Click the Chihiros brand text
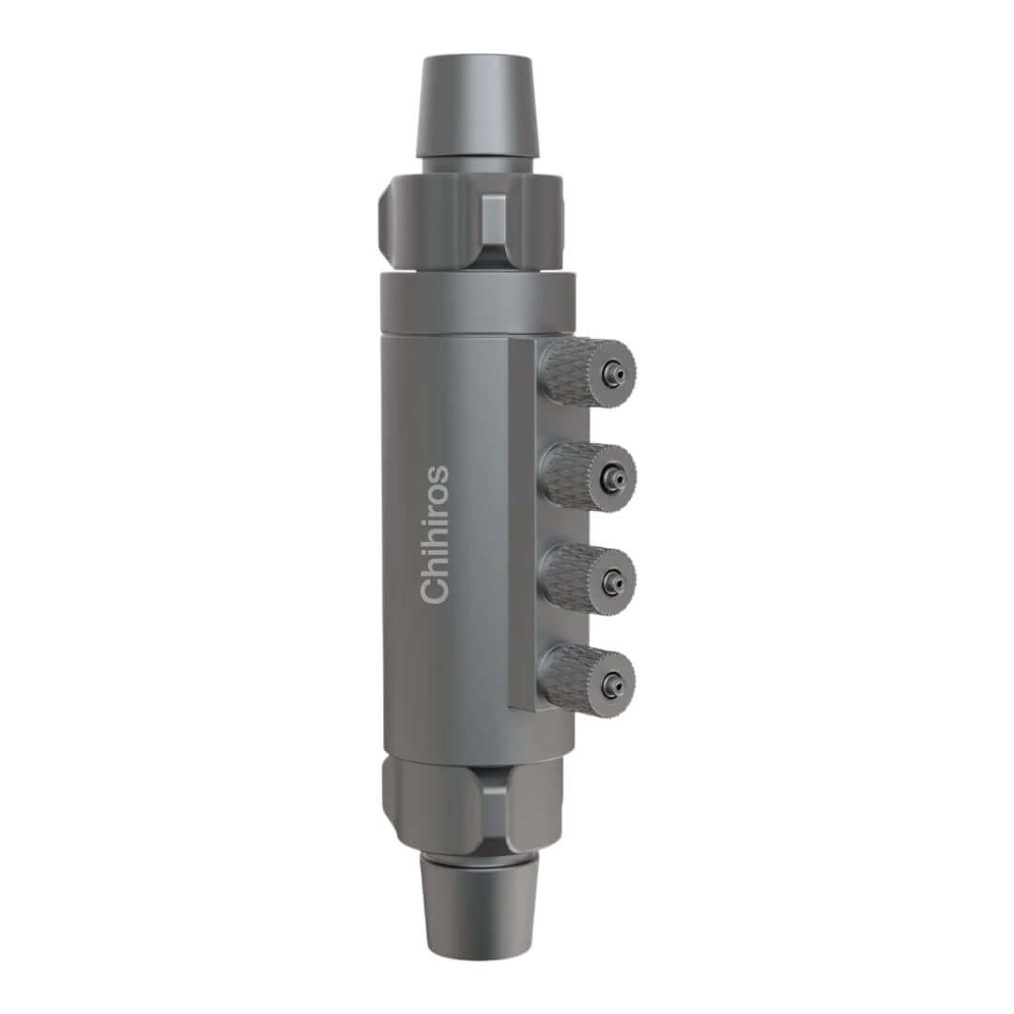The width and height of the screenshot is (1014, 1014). click(x=435, y=534)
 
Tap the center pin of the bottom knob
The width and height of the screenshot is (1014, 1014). click(x=612, y=684)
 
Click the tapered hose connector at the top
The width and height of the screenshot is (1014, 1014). click(x=477, y=108)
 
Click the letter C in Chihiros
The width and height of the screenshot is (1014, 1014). click(x=435, y=591)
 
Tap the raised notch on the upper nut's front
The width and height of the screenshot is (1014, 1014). click(x=493, y=221)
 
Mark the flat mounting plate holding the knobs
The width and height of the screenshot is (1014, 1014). click(x=523, y=526)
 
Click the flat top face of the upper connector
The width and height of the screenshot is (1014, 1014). click(x=477, y=61)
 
